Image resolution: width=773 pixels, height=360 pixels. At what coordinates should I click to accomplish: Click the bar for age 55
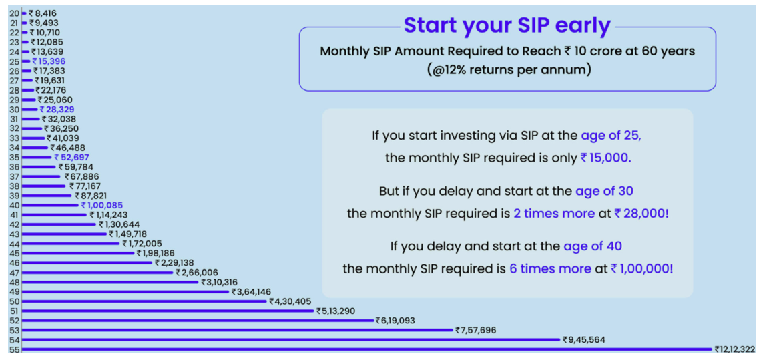(366, 349)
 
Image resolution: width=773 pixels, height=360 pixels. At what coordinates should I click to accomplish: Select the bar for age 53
(237, 330)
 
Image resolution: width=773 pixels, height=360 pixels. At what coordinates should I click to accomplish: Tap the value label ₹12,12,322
(734, 349)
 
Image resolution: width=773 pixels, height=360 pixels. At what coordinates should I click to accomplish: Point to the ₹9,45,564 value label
(583, 340)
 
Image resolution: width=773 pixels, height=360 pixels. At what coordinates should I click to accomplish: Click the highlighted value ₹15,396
(49, 61)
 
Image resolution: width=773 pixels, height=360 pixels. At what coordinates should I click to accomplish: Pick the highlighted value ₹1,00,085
(102, 205)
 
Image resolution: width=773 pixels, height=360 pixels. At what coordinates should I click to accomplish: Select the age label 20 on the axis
(13, 13)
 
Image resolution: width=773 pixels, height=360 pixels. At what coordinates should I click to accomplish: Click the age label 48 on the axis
(13, 282)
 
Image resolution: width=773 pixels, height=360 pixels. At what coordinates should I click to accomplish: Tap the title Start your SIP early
(507, 25)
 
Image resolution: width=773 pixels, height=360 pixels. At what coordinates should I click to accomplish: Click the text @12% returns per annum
(507, 69)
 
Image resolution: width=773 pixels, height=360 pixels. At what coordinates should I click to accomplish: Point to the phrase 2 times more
(553, 214)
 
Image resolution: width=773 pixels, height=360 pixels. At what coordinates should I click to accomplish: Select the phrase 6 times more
(549, 268)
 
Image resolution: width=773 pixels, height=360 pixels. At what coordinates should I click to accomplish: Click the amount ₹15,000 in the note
(606, 159)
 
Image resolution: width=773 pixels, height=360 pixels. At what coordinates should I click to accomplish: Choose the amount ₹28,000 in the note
(641, 214)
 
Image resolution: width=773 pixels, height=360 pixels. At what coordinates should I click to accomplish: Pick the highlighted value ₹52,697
(71, 158)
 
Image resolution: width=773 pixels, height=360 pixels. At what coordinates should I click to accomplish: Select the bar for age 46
(87, 263)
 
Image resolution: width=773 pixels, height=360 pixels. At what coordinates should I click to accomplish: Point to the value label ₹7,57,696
(475, 330)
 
